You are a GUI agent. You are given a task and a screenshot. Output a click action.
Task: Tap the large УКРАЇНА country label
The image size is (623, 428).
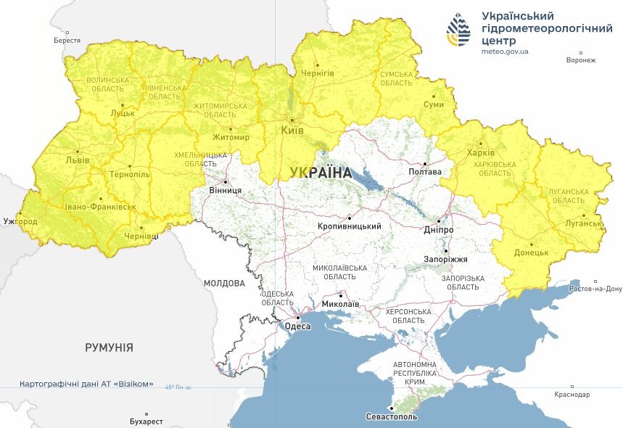[x=320, y=173]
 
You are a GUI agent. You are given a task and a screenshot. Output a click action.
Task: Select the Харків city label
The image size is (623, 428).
[x=481, y=153]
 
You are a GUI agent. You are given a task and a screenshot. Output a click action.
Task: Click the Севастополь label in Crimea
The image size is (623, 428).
[x=392, y=417]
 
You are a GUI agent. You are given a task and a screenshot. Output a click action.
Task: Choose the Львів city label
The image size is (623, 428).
[x=77, y=160]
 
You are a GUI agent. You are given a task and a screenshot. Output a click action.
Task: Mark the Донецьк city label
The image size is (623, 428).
[x=531, y=253]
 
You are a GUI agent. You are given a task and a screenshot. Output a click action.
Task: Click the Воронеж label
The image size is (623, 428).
[x=581, y=60]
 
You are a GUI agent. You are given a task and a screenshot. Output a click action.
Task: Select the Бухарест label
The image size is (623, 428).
[x=143, y=421]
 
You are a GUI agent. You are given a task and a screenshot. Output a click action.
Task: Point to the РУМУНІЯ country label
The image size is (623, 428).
[x=109, y=347]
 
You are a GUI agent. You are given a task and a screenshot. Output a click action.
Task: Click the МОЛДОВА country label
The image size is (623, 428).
[x=224, y=283]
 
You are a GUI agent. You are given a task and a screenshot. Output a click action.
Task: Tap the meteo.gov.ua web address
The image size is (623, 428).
[x=505, y=52]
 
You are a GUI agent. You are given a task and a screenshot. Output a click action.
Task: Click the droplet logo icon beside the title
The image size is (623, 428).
[x=459, y=30]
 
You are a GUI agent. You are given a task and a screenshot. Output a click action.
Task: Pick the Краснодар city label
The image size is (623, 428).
[x=572, y=395]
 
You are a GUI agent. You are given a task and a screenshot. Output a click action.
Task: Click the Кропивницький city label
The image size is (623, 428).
[x=350, y=226]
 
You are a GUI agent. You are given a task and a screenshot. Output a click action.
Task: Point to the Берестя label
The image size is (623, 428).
[x=67, y=41]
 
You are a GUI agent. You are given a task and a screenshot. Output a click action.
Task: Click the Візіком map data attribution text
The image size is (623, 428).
[x=87, y=383]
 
